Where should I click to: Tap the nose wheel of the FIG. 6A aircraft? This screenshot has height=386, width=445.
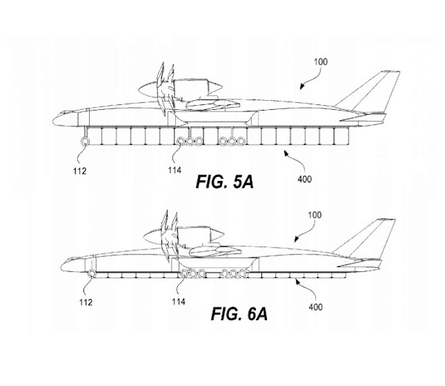[90, 275]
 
